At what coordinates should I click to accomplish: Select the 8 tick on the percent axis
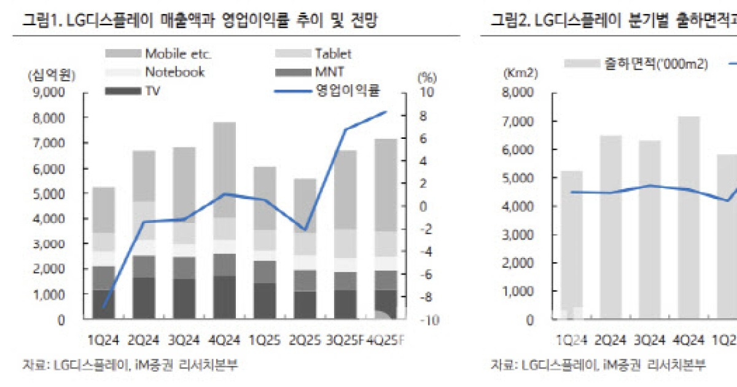[426, 116]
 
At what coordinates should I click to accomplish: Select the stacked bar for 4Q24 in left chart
[224, 221]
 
